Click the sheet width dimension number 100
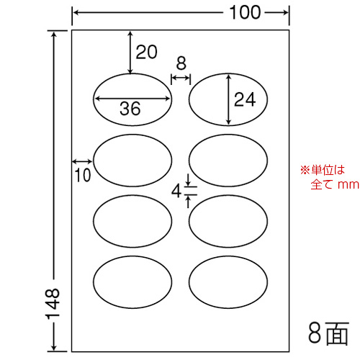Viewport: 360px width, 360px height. pyautogui.click(x=245, y=12)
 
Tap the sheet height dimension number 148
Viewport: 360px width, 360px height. pyautogui.click(x=53, y=304)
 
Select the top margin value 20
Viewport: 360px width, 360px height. pyautogui.click(x=146, y=52)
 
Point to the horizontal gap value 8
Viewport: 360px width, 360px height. pyautogui.click(x=181, y=63)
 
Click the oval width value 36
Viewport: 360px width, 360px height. pyautogui.click(x=130, y=109)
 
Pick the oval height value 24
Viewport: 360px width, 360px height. pyautogui.click(x=245, y=99)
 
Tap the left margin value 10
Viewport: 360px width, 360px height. pyautogui.click(x=83, y=175)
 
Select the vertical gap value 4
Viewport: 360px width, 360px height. pyautogui.click(x=176, y=192)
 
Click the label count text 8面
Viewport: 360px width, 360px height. pyautogui.click(x=328, y=333)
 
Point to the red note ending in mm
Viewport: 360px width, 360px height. pyautogui.click(x=330, y=177)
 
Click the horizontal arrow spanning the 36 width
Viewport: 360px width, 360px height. pyautogui.click(x=132, y=98)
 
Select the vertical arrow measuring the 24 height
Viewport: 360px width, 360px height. pyautogui.click(x=229, y=99)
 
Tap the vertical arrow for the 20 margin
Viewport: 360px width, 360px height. pyautogui.click(x=130, y=52)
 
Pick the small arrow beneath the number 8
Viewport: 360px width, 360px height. pyautogui.click(x=181, y=78)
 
